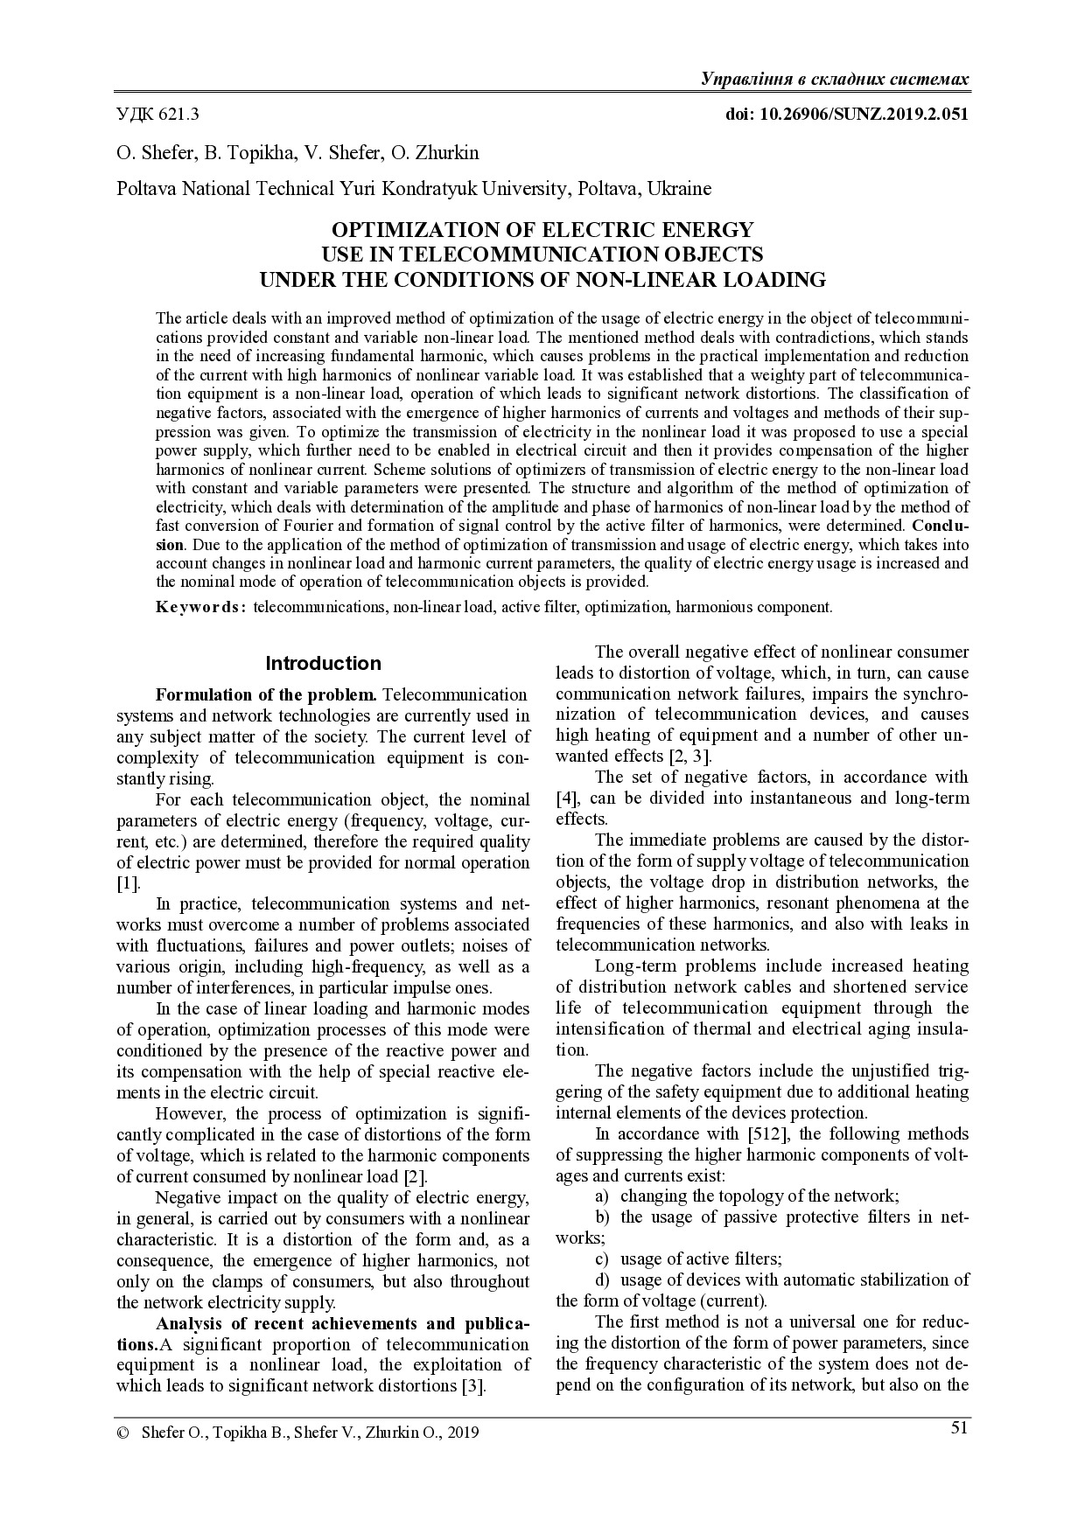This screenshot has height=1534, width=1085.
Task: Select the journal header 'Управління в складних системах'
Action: [x=835, y=80]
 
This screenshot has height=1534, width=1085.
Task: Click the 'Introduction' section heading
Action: [x=323, y=663]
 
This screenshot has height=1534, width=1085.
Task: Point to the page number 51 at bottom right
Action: [x=959, y=1428]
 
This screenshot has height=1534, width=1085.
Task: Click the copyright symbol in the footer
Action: [x=122, y=1433]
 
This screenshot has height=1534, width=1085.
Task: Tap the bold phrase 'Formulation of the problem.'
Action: [x=266, y=695]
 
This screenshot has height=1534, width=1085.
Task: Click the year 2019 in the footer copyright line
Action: [x=463, y=1433]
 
